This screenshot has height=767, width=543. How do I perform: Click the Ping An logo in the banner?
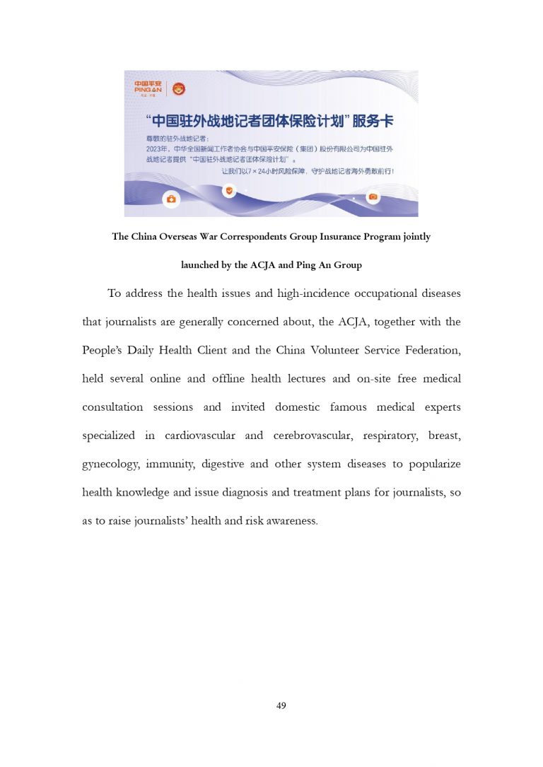click(x=148, y=88)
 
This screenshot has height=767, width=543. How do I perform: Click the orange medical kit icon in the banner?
click(x=170, y=200)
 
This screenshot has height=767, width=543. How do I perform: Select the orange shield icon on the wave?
click(x=228, y=189)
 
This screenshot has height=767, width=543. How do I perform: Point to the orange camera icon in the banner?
click(x=373, y=196)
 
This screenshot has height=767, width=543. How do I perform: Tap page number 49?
click(x=281, y=705)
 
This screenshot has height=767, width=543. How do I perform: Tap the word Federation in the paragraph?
click(x=431, y=350)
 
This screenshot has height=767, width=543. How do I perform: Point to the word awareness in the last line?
click(x=290, y=520)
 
